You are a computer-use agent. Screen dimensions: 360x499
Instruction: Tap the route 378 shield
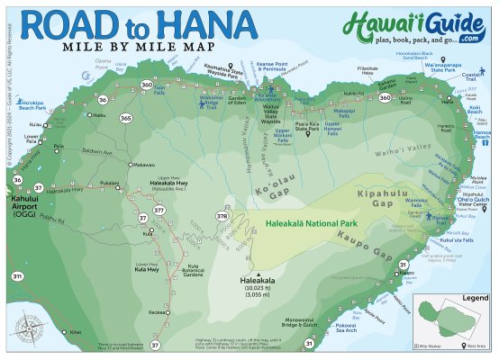222,216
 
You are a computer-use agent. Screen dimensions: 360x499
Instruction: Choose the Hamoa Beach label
478,135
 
